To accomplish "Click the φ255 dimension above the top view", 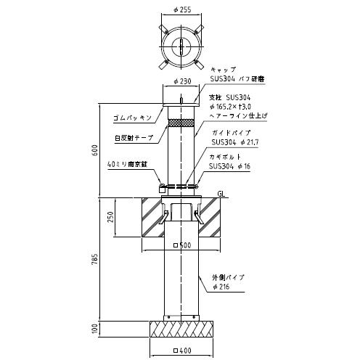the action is pyautogui.click(x=182, y=9).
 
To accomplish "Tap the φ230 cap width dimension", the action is pyautogui.click(x=182, y=81).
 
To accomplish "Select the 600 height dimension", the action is pyautogui.click(x=95, y=150).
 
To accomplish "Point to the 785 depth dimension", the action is pyautogui.click(x=95, y=259).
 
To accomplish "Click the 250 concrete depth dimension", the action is pyautogui.click(x=110, y=217).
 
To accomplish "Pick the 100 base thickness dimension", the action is pyautogui.click(x=95, y=328).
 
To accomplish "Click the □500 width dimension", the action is pyautogui.click(x=182, y=245).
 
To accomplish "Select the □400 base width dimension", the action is pyautogui.click(x=182, y=351).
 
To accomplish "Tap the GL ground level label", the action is pyautogui.click(x=221, y=194).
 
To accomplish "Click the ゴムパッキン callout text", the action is pyautogui.click(x=132, y=118).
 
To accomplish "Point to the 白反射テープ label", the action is pyautogui.click(x=134, y=138).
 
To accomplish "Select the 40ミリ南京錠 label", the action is pyautogui.click(x=127, y=164).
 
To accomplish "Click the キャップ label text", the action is pyautogui.click(x=223, y=70).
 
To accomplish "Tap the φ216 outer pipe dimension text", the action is pyautogui.click(x=221, y=287).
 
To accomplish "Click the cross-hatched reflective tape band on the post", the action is pyautogui.click(x=181, y=123).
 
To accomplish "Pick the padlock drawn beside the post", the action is pyautogui.click(x=162, y=188).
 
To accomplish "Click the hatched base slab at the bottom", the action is pyautogui.click(x=181, y=329).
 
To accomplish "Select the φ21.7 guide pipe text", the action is pyautogui.click(x=250, y=142).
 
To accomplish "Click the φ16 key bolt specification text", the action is pyautogui.click(x=244, y=166).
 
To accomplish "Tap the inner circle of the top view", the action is pyautogui.click(x=181, y=46).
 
